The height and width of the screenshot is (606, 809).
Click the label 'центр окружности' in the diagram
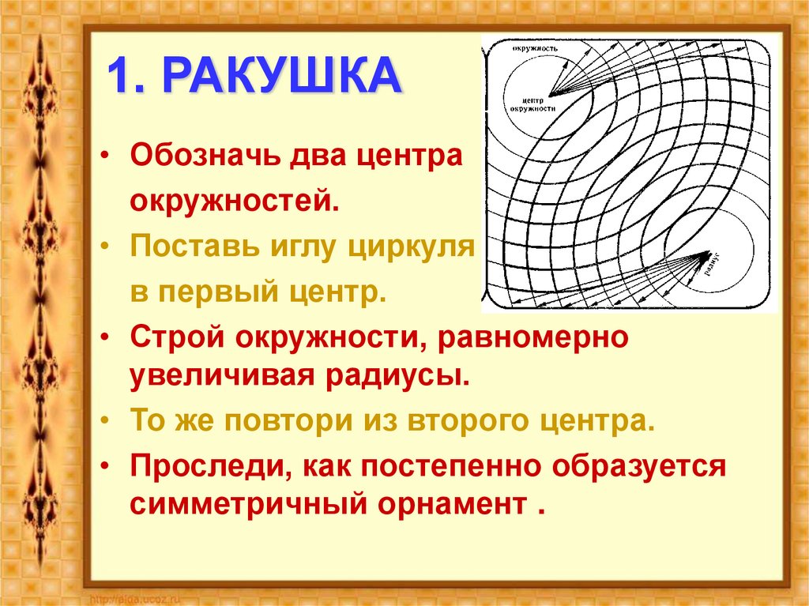(540, 105)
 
